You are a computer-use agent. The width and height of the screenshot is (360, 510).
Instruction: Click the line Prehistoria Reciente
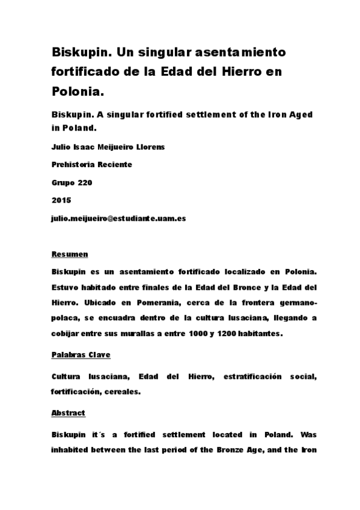tap(91, 164)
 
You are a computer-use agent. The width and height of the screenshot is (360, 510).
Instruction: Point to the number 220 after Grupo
tap(84, 182)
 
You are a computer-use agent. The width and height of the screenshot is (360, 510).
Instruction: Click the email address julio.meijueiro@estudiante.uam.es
tap(118, 218)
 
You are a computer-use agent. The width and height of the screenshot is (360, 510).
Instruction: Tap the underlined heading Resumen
tap(70, 255)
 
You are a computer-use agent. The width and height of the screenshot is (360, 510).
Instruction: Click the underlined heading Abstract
tap(69, 413)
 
